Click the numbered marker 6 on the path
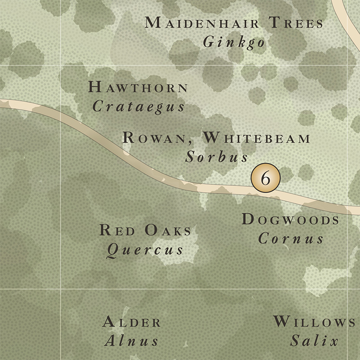pyautogui.click(x=265, y=178)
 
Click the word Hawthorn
pyautogui.click(x=138, y=87)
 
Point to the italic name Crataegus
pyautogui.click(x=139, y=107)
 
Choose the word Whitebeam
pyautogui.click(x=257, y=138)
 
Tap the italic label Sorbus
pyautogui.click(x=217, y=157)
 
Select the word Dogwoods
pyautogui.click(x=291, y=220)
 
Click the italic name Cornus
pyautogui.click(x=291, y=238)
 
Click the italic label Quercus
pyautogui.click(x=144, y=250)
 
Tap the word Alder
pyautogui.click(x=132, y=322)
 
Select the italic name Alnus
pyautogui.click(x=131, y=341)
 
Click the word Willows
pyautogui.click(x=314, y=322)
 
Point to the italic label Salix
pyautogui.click(x=314, y=341)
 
